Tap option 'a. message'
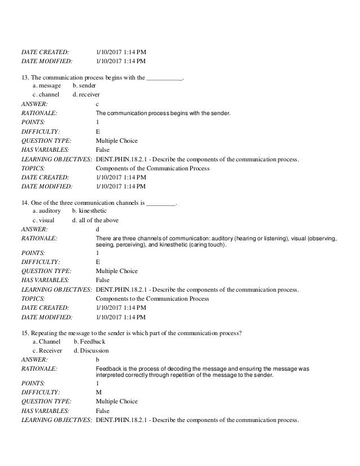[47, 85]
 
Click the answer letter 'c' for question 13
[98, 104]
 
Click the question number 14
[25, 202]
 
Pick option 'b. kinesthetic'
[89, 211]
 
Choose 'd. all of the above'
[95, 220]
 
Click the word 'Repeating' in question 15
[45, 332]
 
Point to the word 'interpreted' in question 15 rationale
[111, 375]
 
